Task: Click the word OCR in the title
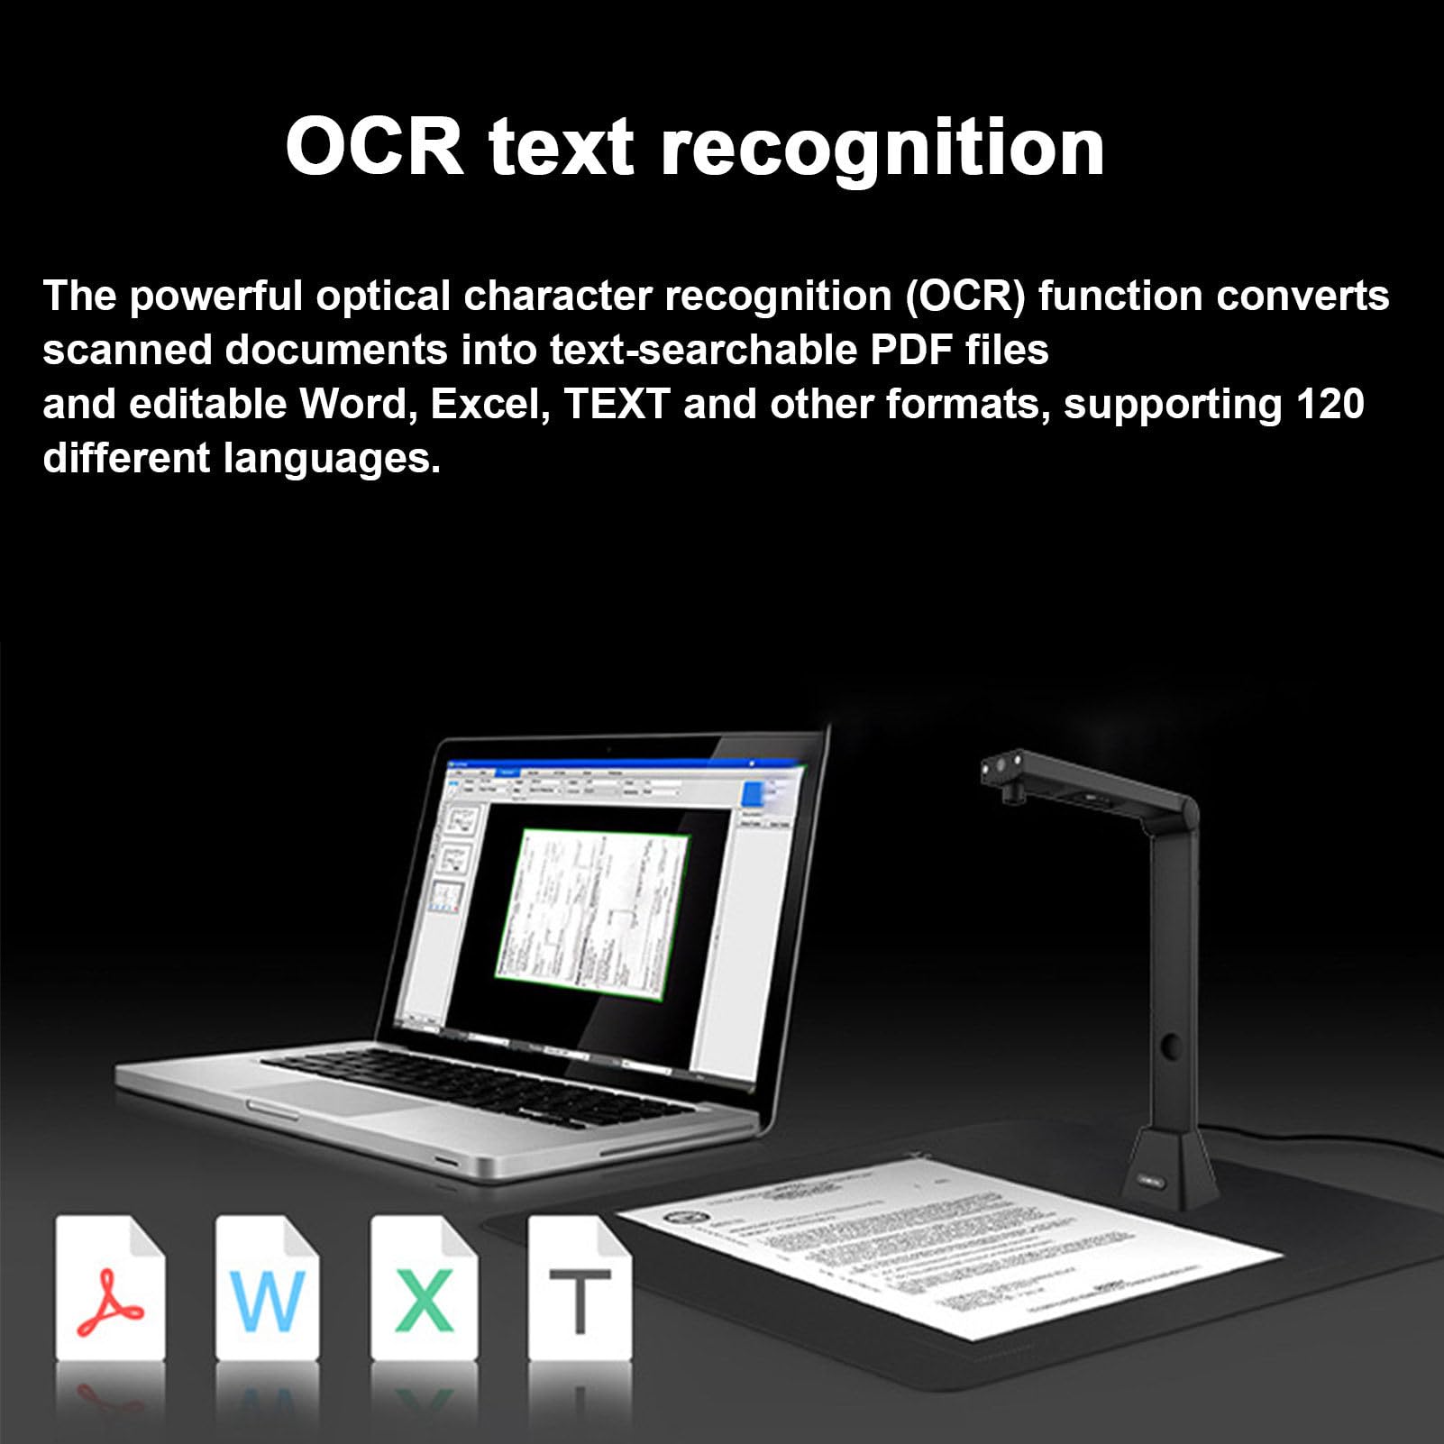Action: point(373,147)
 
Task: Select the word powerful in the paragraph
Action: point(215,296)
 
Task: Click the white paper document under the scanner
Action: point(946,1235)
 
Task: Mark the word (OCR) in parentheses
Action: point(966,296)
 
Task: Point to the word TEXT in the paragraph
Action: point(617,404)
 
